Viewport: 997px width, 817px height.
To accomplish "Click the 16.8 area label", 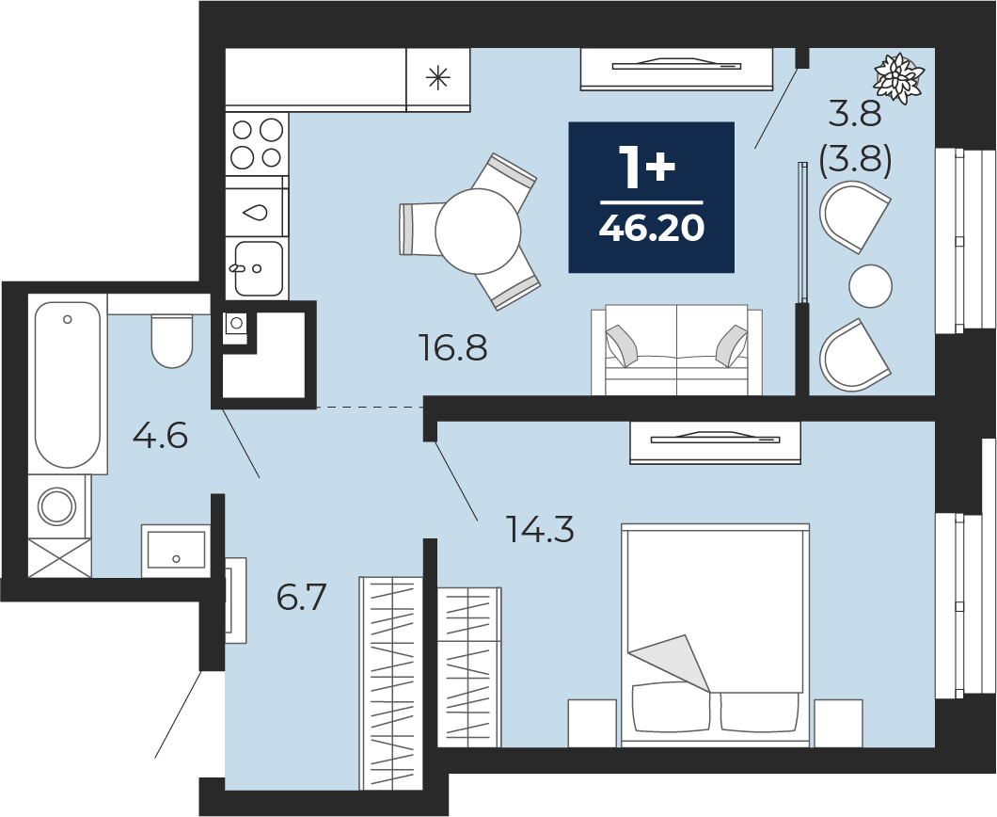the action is [x=452, y=348].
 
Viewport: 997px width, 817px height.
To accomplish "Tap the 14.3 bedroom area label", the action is [x=539, y=529].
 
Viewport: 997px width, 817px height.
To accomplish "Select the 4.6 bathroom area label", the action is [x=160, y=437].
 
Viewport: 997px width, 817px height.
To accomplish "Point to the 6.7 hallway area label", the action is [x=301, y=598].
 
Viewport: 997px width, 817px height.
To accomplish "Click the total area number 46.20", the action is [x=652, y=228].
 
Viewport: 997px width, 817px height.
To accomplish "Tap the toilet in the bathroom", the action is [x=172, y=341].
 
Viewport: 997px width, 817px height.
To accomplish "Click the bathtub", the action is [x=68, y=384].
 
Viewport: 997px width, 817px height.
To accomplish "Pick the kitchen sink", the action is [x=258, y=268].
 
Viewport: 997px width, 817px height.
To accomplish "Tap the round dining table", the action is [x=478, y=231].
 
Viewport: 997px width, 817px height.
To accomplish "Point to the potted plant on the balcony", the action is [x=898, y=77].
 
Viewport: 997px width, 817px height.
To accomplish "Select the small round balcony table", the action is [x=870, y=286].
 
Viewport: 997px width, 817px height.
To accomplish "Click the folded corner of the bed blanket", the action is [x=673, y=662].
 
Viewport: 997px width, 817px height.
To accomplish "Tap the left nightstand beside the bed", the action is [x=592, y=723].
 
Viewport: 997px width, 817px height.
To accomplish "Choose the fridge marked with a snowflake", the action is [x=438, y=80].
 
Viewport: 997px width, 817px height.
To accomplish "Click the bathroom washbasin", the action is [x=176, y=551].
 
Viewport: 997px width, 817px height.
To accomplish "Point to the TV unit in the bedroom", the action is [x=715, y=441].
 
